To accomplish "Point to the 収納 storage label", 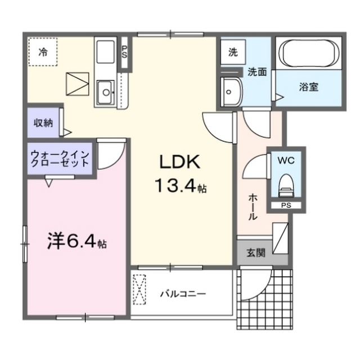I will [43, 123].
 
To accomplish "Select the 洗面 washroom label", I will [256, 71].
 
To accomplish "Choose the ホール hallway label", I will [253, 206].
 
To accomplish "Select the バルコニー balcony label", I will [182, 294].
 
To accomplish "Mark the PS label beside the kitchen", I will [124, 52].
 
